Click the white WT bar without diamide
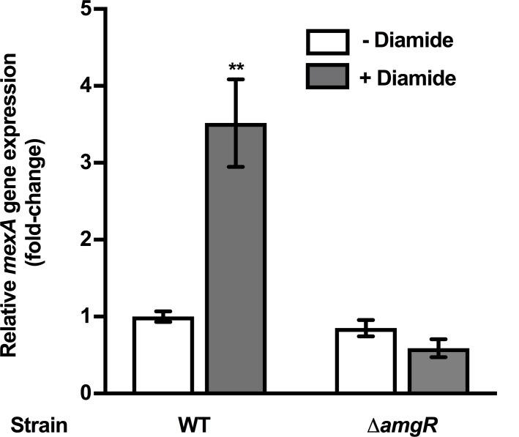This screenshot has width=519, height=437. pos(163,356)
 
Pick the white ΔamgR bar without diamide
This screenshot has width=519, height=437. pos(365,361)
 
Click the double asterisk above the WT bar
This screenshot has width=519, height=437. pos(236,68)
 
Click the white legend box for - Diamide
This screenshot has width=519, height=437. pos(326,42)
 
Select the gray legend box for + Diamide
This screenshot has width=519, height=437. pos(326,75)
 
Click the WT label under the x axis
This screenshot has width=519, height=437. pos(199,425)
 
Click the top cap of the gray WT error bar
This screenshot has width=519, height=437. pos(236,79)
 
